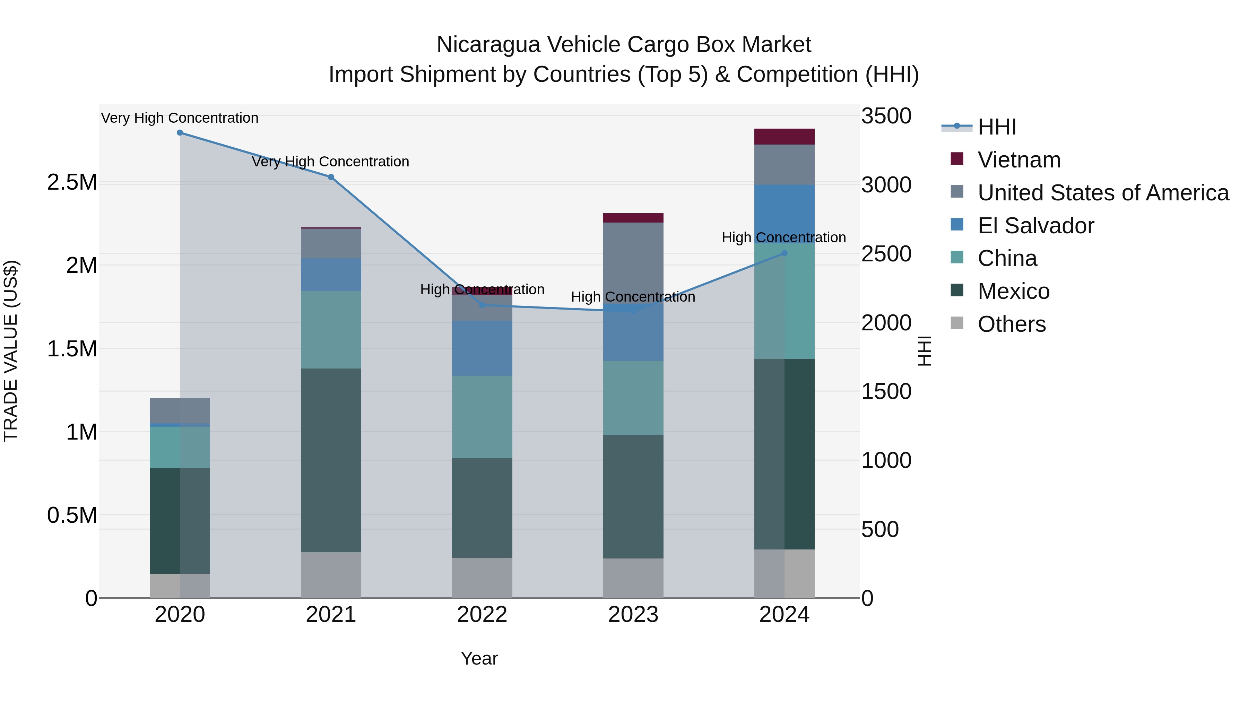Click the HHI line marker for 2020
pyautogui.click(x=180, y=133)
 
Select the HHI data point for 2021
pyautogui.click(x=331, y=177)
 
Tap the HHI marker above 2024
pyautogui.click(x=785, y=253)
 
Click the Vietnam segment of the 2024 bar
pyautogui.click(x=785, y=137)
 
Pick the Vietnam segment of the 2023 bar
pyautogui.click(x=633, y=218)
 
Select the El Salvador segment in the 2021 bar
pyautogui.click(x=331, y=275)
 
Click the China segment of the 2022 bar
pyautogui.click(x=482, y=417)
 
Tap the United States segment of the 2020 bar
pyautogui.click(x=180, y=411)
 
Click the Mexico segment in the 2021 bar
pyautogui.click(x=331, y=460)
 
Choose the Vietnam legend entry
pyautogui.click(x=1019, y=160)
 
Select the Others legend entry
pyautogui.click(x=1012, y=324)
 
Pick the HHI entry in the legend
pyautogui.click(x=997, y=127)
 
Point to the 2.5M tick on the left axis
pyautogui.click(x=72, y=183)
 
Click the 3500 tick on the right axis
pyautogui.click(x=886, y=116)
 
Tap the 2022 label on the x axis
pyautogui.click(x=482, y=615)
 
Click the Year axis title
pyautogui.click(x=479, y=658)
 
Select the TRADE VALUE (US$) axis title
pyautogui.click(x=11, y=351)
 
